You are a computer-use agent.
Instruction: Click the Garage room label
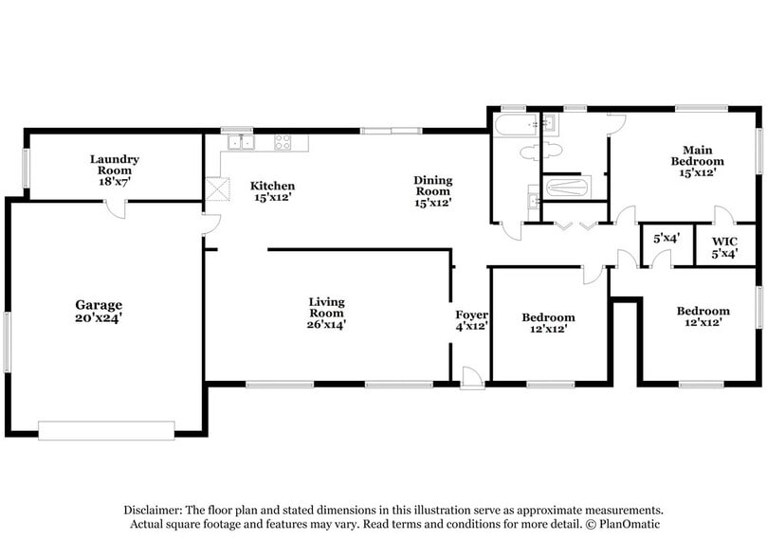[99, 305]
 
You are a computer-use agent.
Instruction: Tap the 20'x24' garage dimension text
[99, 319]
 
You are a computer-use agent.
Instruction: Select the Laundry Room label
[115, 159]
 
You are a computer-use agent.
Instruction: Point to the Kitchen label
[272, 186]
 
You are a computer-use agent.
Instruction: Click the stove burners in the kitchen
[283, 143]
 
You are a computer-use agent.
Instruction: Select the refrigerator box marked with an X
[220, 190]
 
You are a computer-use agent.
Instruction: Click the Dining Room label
[432, 180]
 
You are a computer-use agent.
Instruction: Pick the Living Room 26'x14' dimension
[326, 325]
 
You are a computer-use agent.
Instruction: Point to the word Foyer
[471, 314]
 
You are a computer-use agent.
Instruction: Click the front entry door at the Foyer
[471, 378]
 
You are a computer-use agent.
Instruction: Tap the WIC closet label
[723, 241]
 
